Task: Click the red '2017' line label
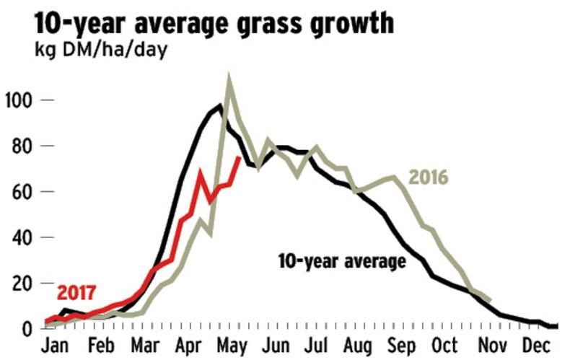76,294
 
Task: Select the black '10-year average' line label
342,260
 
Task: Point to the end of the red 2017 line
240,157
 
